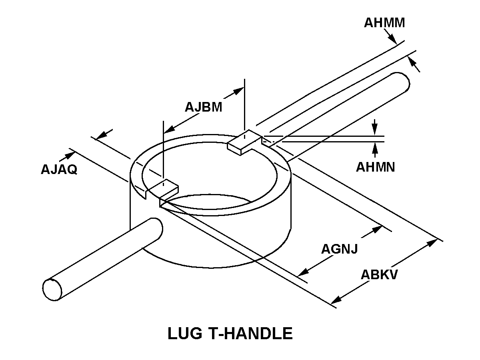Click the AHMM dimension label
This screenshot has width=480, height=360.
click(384, 23)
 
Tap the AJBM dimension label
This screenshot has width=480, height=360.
click(203, 107)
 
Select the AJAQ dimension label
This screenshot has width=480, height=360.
click(59, 169)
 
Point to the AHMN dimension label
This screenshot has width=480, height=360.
click(376, 167)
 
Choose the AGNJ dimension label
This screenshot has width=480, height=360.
click(339, 249)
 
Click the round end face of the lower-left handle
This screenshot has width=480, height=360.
click(52, 290)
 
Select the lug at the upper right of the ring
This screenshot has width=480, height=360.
click(244, 142)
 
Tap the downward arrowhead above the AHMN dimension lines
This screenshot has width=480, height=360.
click(375, 130)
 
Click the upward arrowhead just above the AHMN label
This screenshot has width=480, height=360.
click(375, 148)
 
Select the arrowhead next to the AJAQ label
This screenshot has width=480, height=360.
click(70, 156)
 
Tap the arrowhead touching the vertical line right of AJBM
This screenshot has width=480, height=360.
click(238, 90)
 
